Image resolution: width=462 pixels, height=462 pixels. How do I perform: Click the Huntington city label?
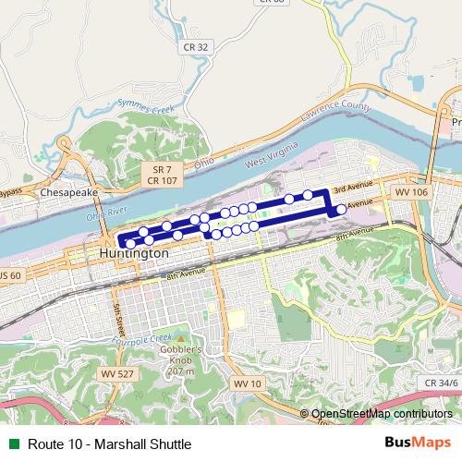pos(134,252)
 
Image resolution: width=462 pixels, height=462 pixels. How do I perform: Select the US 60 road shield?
pos(9,275)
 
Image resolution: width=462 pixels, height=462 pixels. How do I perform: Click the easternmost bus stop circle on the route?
pos(341,209)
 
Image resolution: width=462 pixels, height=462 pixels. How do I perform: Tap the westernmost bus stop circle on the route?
pos(130,244)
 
